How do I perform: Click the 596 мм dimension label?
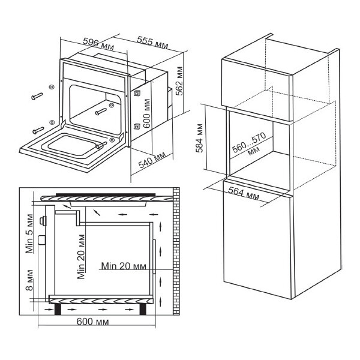pyautogui.click(x=98, y=43)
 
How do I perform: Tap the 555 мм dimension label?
pyautogui.click(x=152, y=44)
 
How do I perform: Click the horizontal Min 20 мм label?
pyautogui.click(x=124, y=265)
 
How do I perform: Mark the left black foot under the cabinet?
pyautogui.click(x=59, y=308)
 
